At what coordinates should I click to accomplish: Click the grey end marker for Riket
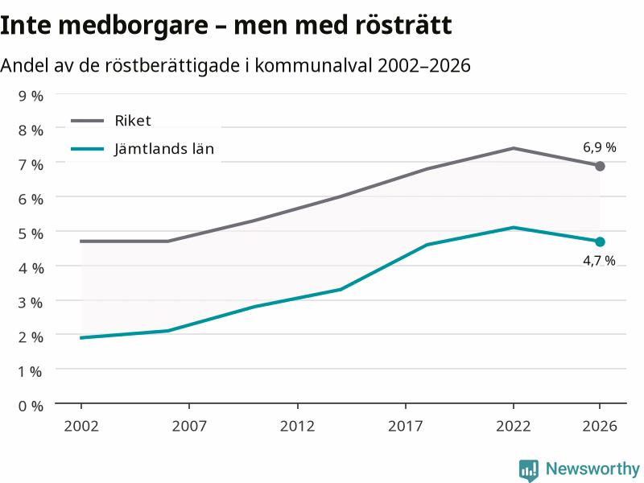point(600,166)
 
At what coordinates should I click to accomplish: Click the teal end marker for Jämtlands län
point(600,242)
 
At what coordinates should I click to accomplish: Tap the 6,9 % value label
point(600,147)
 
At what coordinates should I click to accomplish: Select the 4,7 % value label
point(599,260)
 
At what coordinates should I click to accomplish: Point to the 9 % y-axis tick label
point(31,96)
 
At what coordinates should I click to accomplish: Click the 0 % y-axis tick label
point(31,407)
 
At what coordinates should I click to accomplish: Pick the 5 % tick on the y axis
point(31,233)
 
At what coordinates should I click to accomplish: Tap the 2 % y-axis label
point(31,337)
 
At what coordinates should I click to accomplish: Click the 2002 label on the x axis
point(81,426)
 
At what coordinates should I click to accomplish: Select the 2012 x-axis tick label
point(297,426)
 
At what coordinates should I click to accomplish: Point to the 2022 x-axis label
point(514,426)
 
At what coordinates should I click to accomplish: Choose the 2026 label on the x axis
point(600,426)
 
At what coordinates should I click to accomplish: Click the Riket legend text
point(133,121)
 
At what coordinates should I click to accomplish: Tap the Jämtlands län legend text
point(164,148)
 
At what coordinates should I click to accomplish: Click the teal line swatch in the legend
point(88,149)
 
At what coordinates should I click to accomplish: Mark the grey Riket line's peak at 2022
point(514,148)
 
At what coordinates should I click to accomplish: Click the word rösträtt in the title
point(403,25)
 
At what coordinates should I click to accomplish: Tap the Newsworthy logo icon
point(529,470)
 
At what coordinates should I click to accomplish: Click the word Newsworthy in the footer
point(592,469)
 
